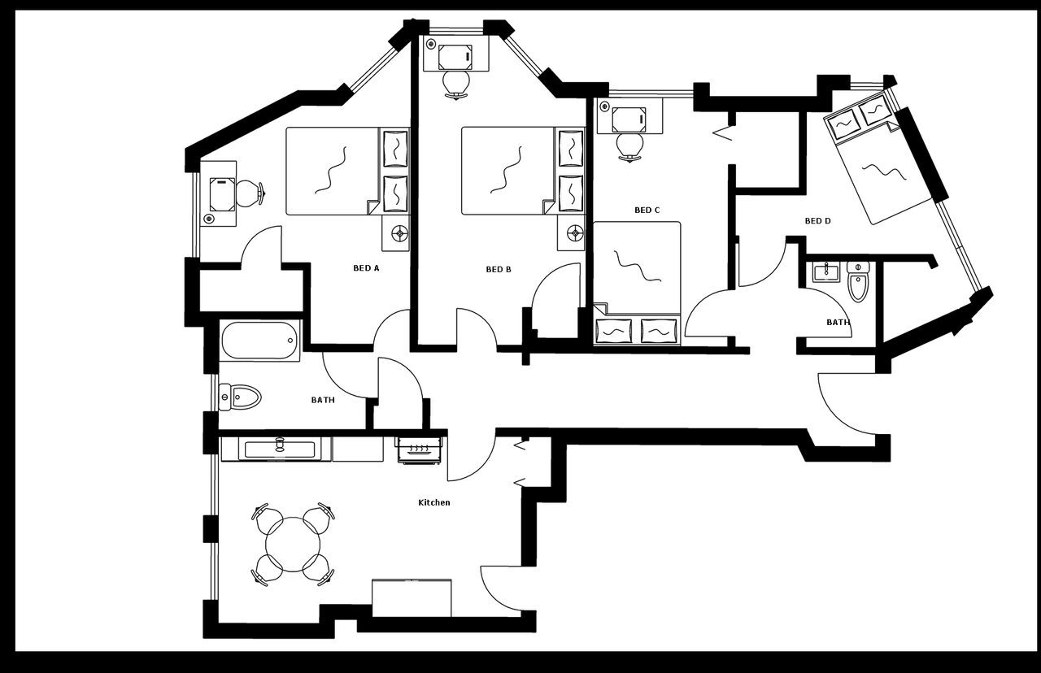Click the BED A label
coord(366,268)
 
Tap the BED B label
coord(499,269)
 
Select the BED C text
coord(647,210)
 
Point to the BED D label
coord(817,220)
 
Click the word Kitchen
coord(433,502)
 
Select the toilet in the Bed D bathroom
coord(858,283)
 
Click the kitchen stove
coord(420,449)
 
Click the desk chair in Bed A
coord(248,193)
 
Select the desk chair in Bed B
coord(456,83)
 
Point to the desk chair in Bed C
coord(629,146)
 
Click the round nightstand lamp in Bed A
coord(399,234)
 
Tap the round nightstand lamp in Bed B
coord(576,234)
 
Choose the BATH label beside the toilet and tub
coord(323,400)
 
